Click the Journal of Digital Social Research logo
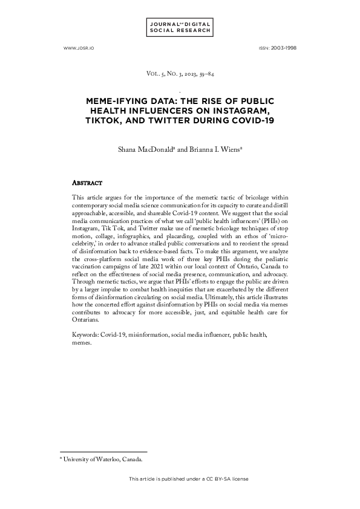[x=180, y=27]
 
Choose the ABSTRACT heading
[x=87, y=182]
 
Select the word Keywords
[x=84, y=334]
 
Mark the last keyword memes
[x=81, y=342]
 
